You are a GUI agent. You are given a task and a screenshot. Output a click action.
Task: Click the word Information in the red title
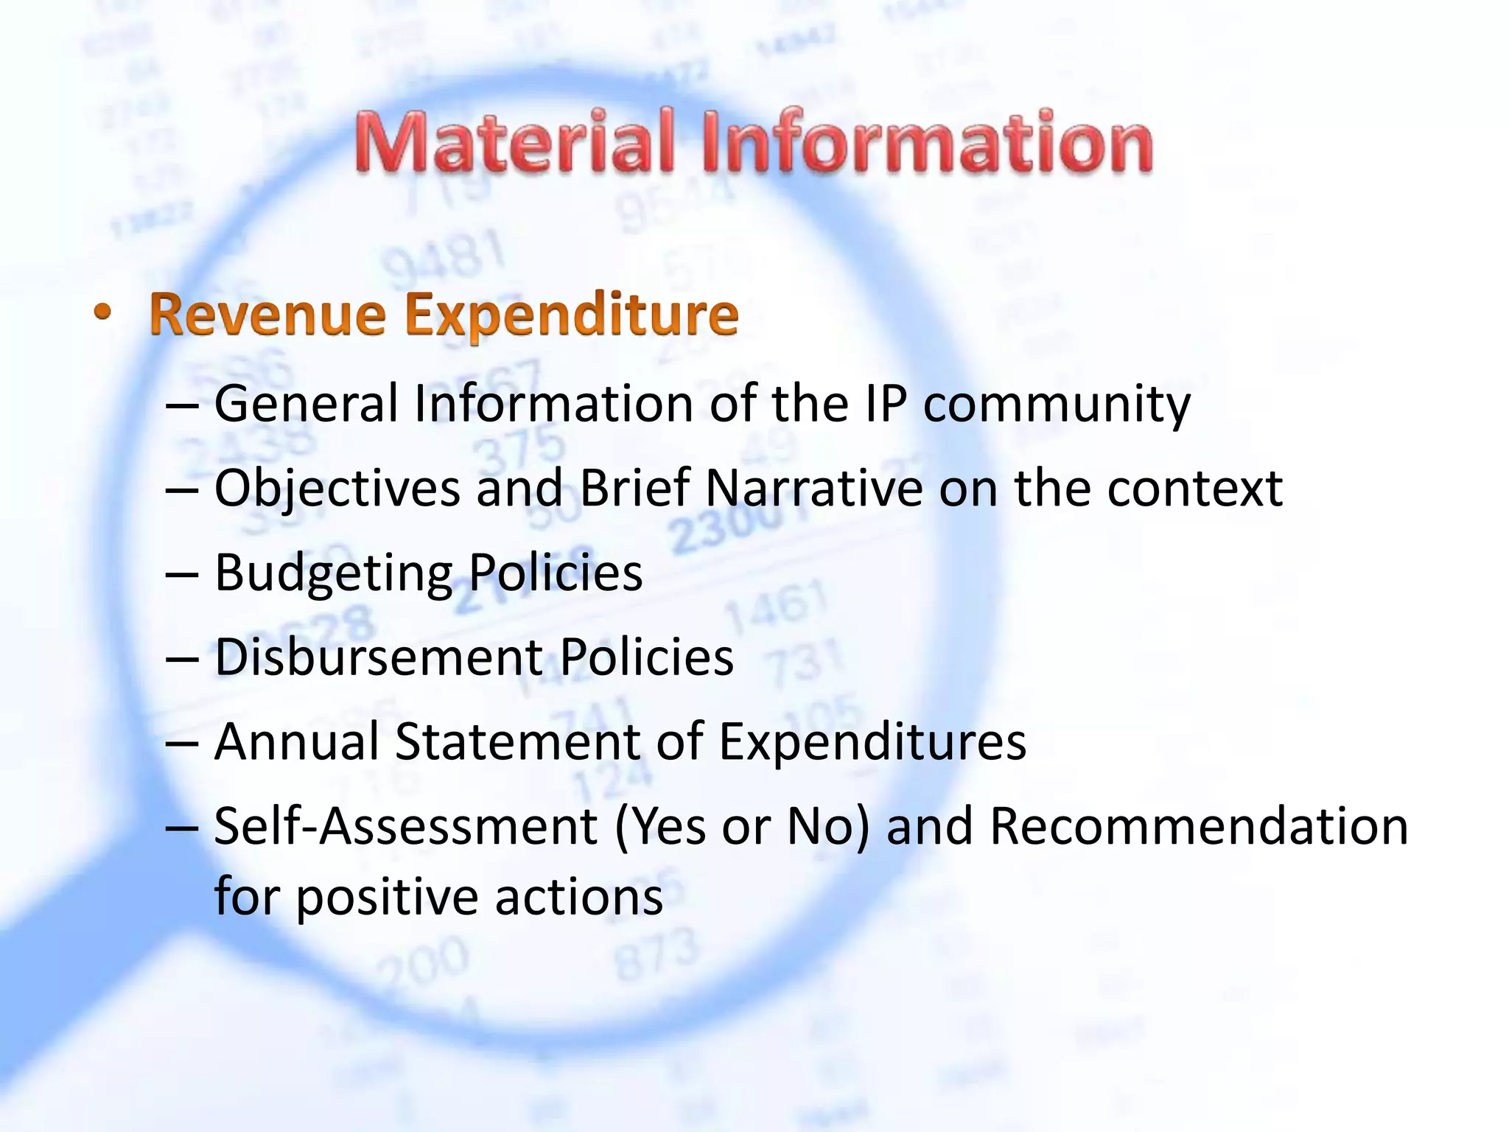[x=927, y=141]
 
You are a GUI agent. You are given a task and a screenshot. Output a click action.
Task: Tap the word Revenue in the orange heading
[x=267, y=315]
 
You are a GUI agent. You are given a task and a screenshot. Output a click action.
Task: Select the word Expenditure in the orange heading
[x=572, y=315]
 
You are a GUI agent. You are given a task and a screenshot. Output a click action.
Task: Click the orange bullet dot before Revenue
[x=103, y=312]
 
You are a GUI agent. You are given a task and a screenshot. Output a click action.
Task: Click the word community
[x=1057, y=405]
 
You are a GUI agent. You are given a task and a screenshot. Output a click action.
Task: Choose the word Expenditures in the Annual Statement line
[x=872, y=741]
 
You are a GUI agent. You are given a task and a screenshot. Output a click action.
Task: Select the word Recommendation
[x=1199, y=825]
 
